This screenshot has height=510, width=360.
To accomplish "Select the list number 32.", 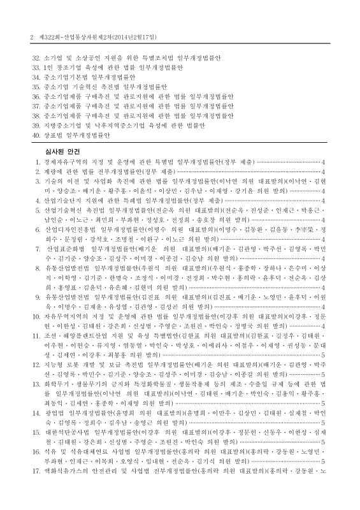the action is tap(36, 58).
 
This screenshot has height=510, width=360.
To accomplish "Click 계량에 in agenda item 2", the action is tap(53, 172).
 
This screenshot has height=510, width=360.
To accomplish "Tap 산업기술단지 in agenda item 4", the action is tap(62, 200).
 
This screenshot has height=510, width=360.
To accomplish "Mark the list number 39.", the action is tap(36, 126).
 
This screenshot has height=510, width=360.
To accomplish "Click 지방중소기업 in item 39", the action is tap(61, 126).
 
